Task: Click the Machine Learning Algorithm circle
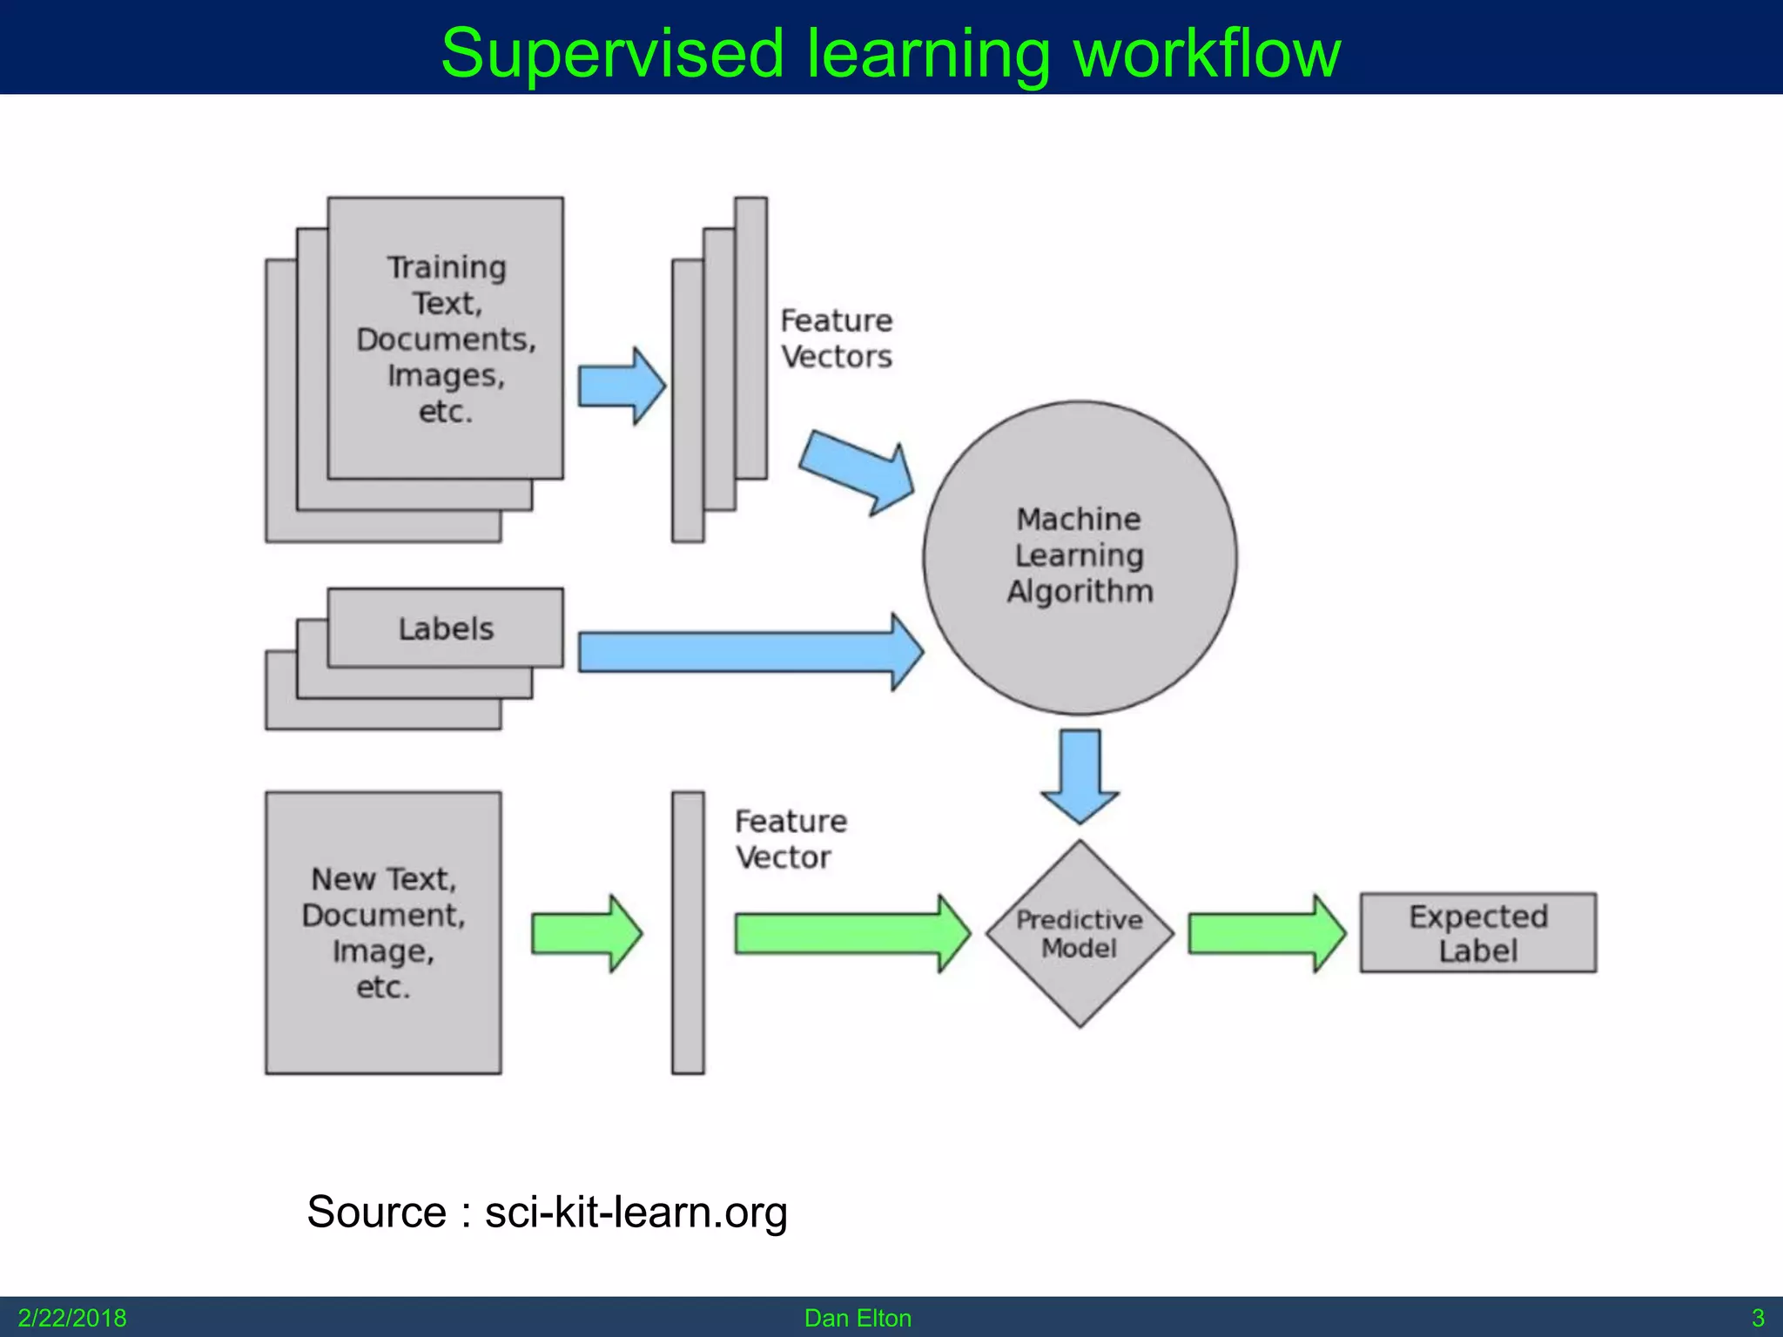pyautogui.click(x=1080, y=557)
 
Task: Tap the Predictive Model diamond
pyautogui.click(x=1080, y=933)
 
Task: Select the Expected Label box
pyautogui.click(x=1477, y=932)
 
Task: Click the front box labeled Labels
pyautogui.click(x=445, y=628)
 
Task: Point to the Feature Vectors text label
pyautogui.click(x=836, y=339)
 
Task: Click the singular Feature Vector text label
pyautogui.click(x=790, y=839)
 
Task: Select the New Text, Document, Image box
pyautogui.click(x=383, y=932)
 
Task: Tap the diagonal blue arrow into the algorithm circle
pyautogui.click(x=858, y=471)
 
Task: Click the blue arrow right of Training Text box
pyautogui.click(x=621, y=386)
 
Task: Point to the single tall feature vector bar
pyautogui.click(x=687, y=932)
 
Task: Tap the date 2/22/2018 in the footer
pyautogui.click(x=71, y=1318)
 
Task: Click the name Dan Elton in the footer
pyautogui.click(x=858, y=1318)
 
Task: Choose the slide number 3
pyautogui.click(x=1757, y=1318)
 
